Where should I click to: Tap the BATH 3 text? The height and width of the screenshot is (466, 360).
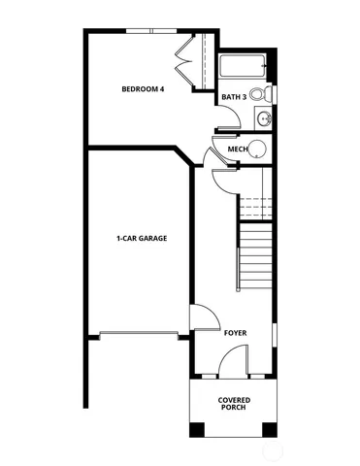pos(233,97)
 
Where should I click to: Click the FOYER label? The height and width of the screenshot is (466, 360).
pos(235,333)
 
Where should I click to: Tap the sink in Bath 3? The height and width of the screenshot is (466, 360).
pos(264,119)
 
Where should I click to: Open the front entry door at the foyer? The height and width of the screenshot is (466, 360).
pos(233,361)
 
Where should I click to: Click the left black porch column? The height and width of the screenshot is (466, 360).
pos(196,428)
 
